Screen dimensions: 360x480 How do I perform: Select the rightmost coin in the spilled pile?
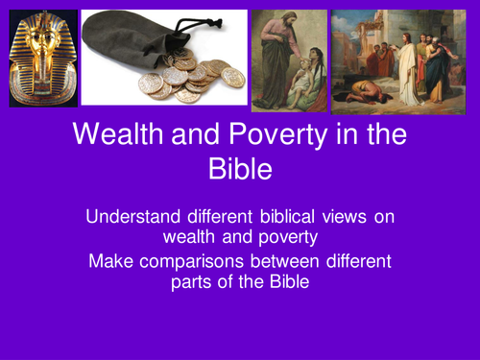coord(232,77)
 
